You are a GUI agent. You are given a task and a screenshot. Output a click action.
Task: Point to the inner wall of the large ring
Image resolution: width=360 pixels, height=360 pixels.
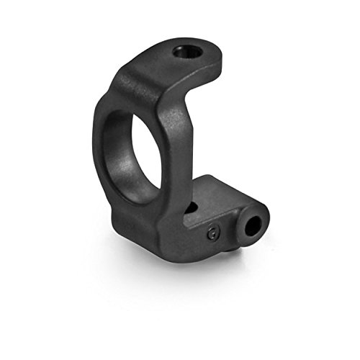115,155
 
